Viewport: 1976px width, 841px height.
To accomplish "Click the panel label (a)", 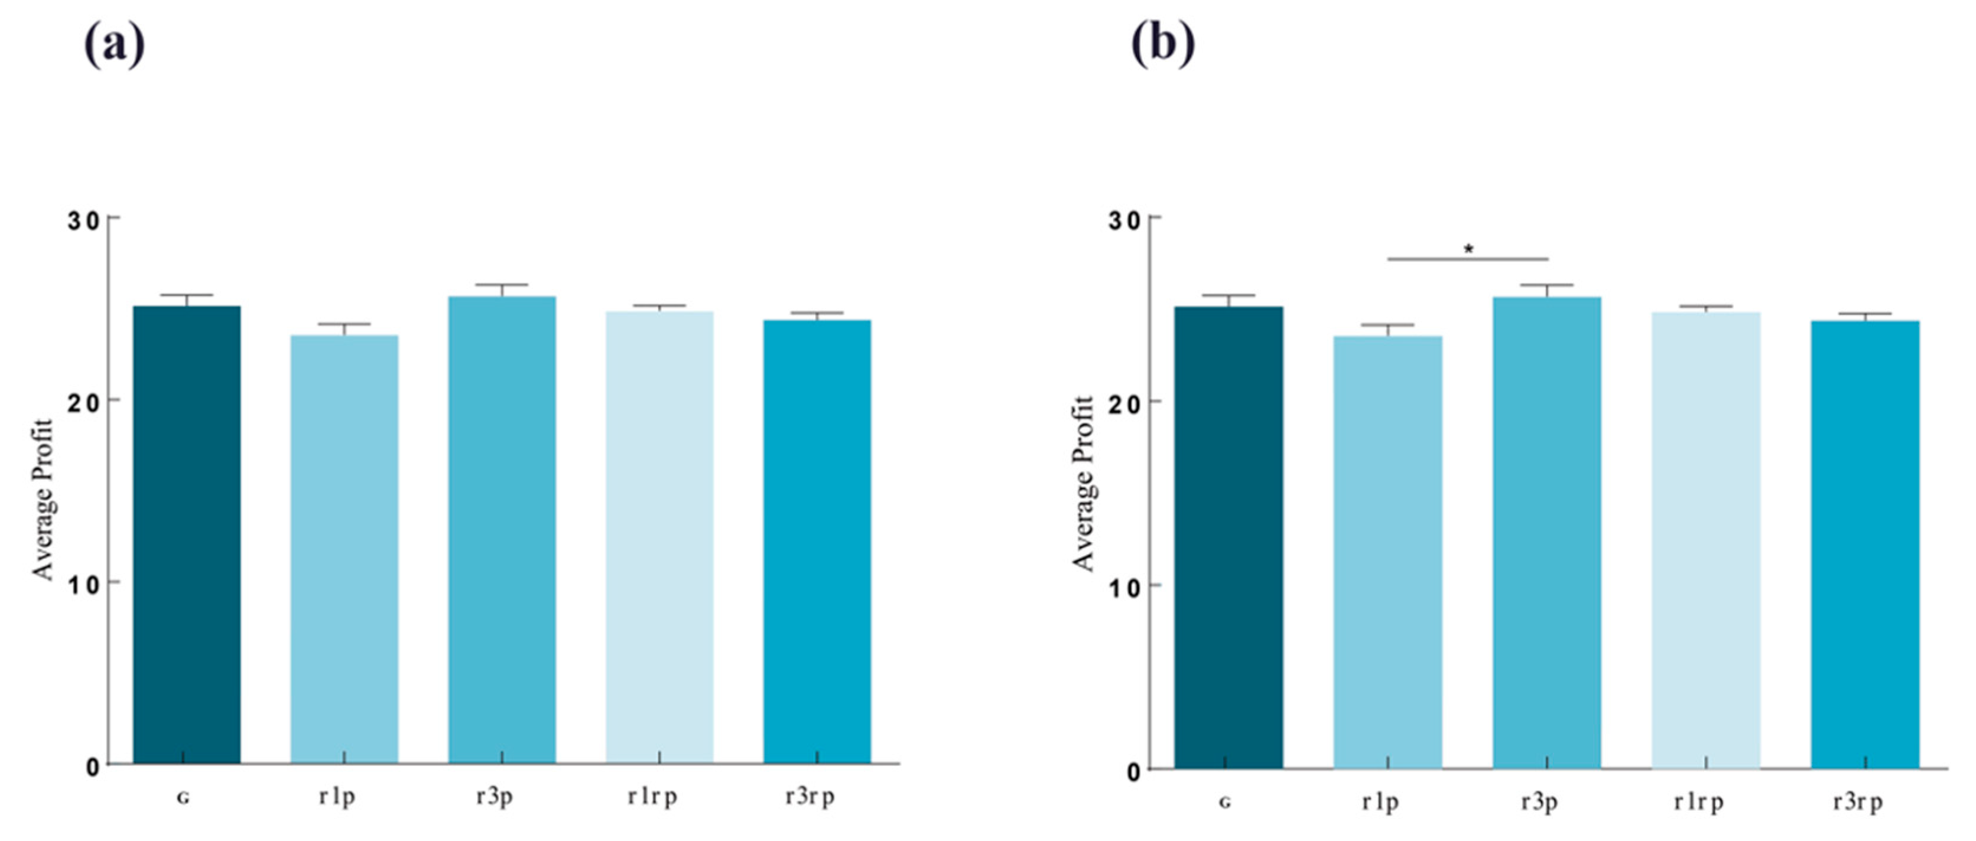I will (114, 46).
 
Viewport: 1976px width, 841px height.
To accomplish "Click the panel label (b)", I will (1163, 46).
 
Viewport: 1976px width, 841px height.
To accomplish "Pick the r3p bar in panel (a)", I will (502, 530).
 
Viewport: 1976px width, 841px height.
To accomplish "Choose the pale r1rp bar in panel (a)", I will (659, 537).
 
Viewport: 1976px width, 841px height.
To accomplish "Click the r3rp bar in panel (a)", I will (817, 541).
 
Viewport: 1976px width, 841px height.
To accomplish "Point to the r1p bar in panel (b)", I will (1387, 552).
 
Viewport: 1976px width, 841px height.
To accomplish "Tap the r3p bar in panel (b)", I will (1546, 532).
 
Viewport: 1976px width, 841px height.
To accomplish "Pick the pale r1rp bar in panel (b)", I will (1706, 540).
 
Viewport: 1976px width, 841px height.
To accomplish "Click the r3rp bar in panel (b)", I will (1865, 545).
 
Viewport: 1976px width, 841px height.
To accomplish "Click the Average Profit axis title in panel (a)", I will (43, 499).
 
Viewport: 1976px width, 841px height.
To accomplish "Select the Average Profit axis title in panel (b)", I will (1083, 484).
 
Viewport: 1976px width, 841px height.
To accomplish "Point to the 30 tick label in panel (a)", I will (83, 221).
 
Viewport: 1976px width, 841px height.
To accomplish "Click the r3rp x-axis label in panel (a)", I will (810, 797).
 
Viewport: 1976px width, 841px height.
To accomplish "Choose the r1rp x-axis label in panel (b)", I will (1698, 802).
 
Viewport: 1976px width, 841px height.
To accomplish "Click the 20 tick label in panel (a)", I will (83, 402).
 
